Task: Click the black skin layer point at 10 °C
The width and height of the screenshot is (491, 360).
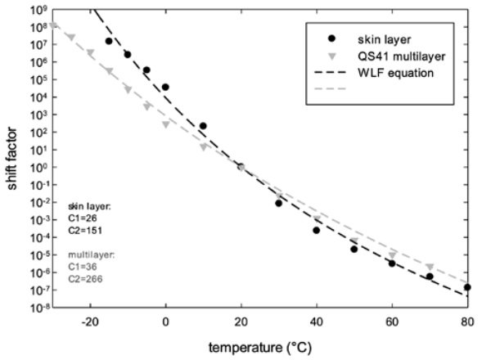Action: point(203,126)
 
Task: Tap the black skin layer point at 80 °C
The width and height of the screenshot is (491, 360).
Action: point(467,287)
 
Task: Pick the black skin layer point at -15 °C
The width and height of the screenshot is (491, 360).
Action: point(109,41)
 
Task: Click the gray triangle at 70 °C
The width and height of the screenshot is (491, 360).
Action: point(430,267)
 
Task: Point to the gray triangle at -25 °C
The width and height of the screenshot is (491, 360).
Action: point(71,37)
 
